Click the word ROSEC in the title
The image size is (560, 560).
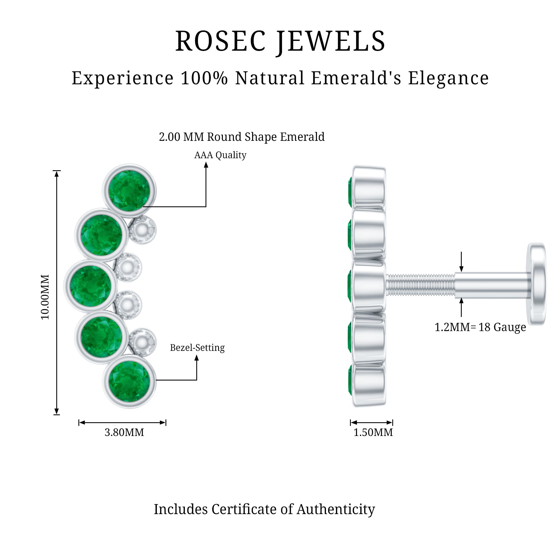click(220, 41)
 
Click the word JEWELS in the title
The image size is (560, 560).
click(331, 41)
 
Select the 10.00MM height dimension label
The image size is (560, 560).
click(45, 297)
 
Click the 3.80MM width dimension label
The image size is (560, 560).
click(124, 433)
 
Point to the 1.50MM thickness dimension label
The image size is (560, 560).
click(373, 433)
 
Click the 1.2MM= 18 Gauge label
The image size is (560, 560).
click(480, 327)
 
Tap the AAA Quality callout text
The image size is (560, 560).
click(220, 155)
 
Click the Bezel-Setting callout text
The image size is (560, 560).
click(197, 347)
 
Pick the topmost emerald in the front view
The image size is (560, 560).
click(129, 190)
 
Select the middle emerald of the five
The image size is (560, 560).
click(90, 286)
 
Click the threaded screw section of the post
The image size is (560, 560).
click(420, 286)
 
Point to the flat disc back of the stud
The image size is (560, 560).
click(537, 284)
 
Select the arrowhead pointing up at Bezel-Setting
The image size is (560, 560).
click(197, 358)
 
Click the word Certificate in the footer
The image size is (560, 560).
click(252, 509)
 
